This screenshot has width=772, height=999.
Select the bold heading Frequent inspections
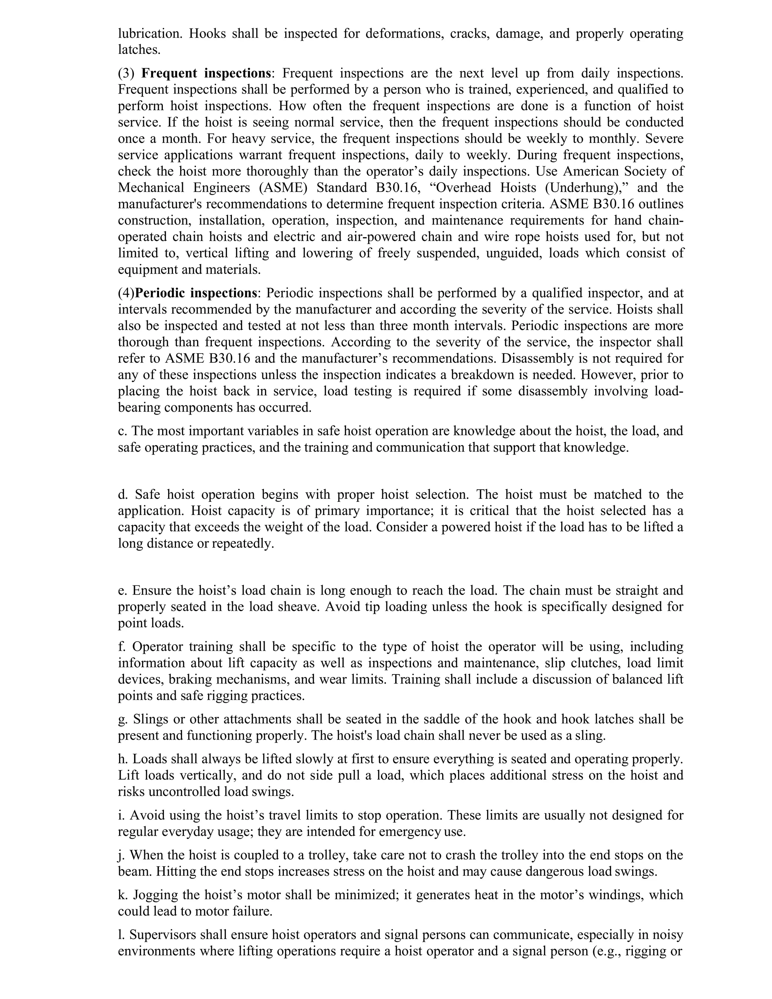click(206, 73)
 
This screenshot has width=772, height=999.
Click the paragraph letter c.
click(122, 431)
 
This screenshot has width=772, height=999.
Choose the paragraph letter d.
click(122, 495)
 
